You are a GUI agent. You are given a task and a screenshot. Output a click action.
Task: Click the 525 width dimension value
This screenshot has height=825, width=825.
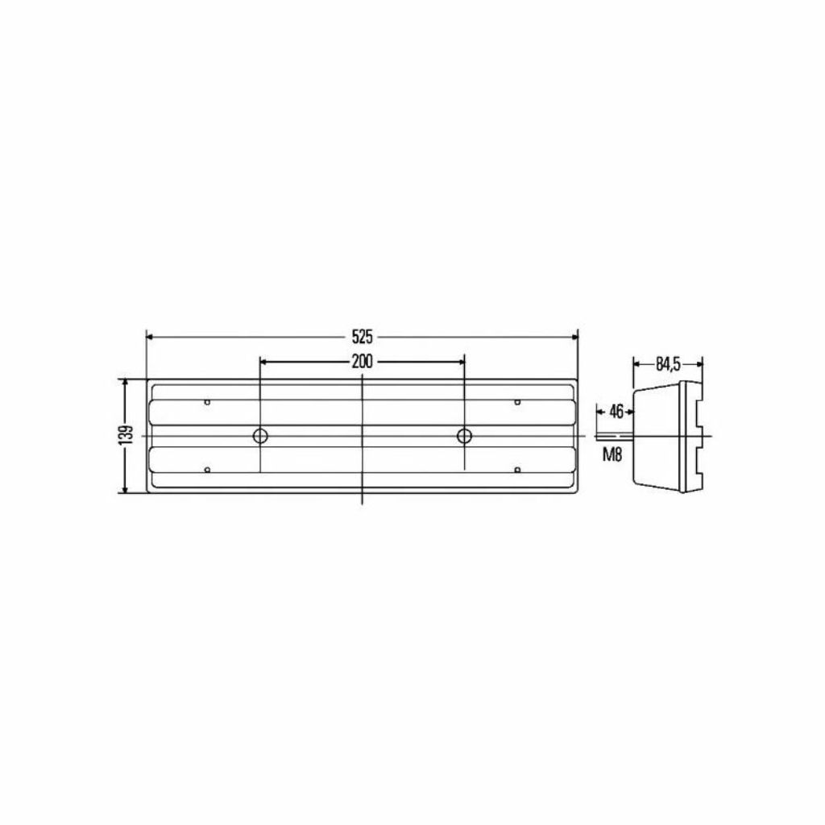(362, 336)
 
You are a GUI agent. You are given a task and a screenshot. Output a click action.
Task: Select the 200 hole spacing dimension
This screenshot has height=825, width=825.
(362, 362)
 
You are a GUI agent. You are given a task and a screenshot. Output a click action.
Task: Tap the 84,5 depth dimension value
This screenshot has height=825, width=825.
(668, 363)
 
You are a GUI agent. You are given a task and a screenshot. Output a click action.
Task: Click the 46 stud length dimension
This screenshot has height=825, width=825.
(616, 411)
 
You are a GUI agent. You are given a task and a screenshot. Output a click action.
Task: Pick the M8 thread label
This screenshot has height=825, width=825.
(612, 454)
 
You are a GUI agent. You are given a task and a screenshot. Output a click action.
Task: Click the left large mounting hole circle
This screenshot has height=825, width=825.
(260, 436)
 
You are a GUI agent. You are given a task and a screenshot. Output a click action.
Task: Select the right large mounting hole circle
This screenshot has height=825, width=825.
(464, 436)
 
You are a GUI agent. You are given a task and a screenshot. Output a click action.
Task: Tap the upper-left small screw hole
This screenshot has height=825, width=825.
(207, 402)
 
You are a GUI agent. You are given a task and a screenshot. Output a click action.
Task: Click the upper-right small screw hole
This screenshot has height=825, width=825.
(517, 402)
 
